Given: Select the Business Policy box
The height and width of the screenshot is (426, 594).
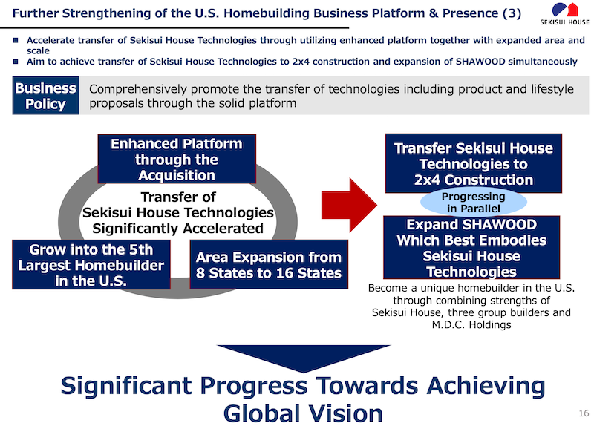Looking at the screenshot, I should point(45,96).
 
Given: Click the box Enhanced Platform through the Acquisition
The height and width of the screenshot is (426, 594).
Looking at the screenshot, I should point(177,159).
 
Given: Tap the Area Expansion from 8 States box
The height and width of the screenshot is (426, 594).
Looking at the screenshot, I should point(268,265).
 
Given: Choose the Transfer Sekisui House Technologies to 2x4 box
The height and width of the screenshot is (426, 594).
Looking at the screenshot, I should point(474,163).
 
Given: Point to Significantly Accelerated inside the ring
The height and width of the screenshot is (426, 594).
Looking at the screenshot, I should point(177,228).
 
